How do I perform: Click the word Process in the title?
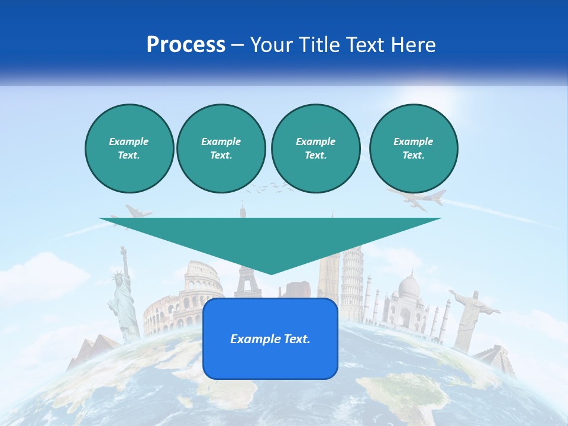186,45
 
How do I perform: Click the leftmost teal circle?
129,148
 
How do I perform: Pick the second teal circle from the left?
221,148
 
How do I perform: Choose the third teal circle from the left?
315,148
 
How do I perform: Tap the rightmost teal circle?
413,148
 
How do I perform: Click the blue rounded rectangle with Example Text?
270,338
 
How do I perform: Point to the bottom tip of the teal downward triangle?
271,273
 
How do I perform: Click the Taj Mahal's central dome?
408,287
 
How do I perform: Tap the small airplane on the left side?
138,211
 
